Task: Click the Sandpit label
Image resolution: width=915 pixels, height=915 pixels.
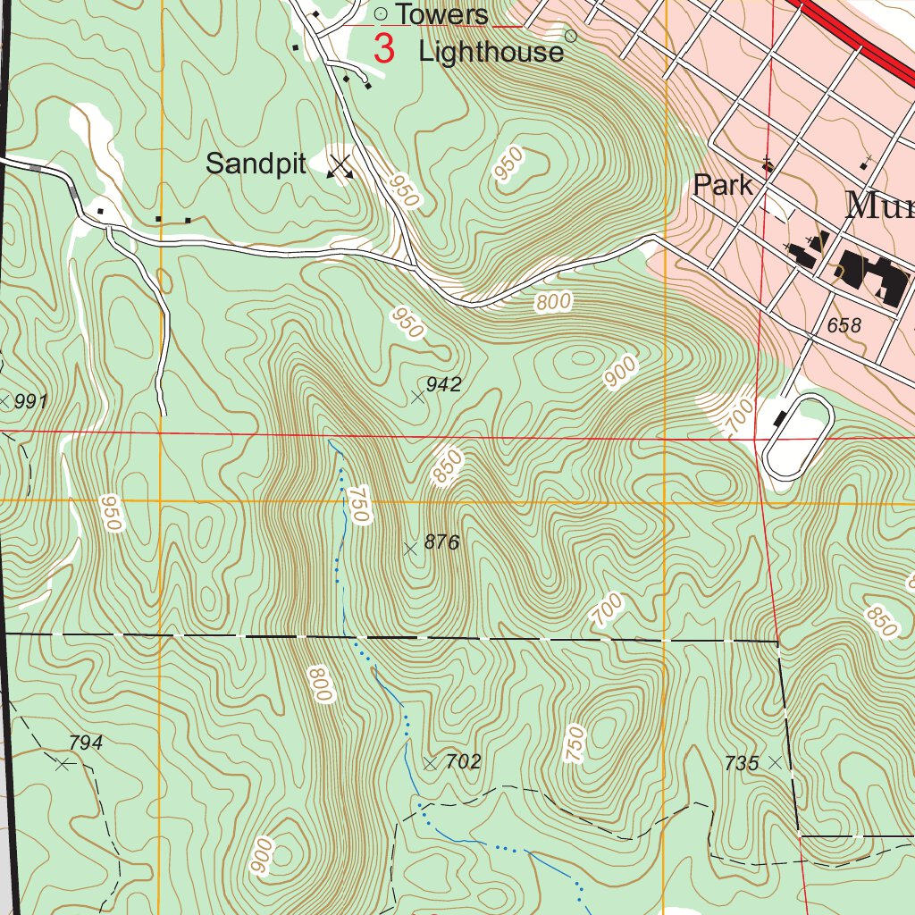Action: click(256, 164)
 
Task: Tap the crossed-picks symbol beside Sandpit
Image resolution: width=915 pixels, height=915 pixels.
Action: click(340, 166)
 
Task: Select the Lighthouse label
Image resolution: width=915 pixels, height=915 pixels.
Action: click(491, 52)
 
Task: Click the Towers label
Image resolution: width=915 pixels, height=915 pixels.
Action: click(441, 14)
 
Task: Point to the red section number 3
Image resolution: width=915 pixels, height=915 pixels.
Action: click(383, 48)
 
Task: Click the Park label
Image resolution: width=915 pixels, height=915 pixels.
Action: click(723, 186)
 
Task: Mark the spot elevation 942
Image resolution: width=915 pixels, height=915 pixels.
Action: click(443, 384)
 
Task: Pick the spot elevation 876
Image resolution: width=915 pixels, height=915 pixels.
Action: click(441, 541)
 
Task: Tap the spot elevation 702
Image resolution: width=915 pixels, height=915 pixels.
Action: click(463, 761)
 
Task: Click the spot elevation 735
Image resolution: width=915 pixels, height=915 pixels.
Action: click(742, 763)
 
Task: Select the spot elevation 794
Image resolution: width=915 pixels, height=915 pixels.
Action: click(86, 743)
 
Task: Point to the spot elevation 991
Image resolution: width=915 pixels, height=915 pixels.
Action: click(30, 401)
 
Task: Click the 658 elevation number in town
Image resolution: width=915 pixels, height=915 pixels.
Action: click(844, 325)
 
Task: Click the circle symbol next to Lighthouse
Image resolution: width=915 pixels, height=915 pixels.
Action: click(572, 36)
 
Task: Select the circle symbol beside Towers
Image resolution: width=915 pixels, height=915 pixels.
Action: click(380, 13)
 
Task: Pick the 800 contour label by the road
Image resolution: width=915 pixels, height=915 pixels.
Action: click(553, 303)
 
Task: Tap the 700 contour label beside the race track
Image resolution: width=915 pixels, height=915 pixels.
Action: click(739, 416)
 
